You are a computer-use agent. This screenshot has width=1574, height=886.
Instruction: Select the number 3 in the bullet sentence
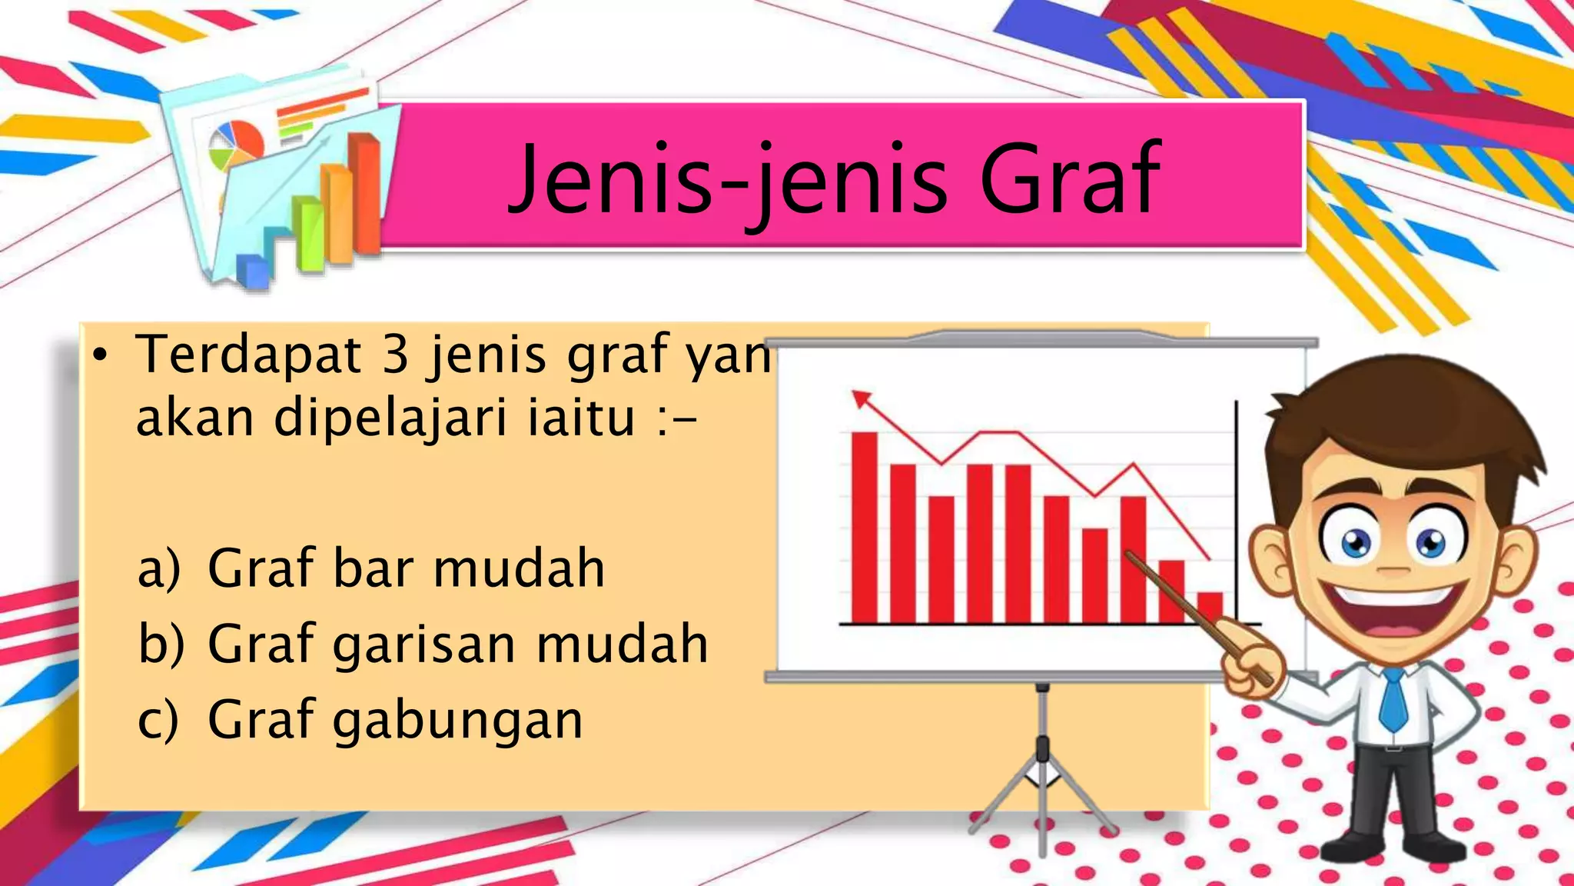click(395, 355)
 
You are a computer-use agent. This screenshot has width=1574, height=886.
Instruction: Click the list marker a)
click(158, 569)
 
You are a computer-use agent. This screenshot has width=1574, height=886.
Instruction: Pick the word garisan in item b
click(423, 645)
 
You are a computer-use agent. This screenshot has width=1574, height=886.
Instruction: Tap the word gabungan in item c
click(457, 721)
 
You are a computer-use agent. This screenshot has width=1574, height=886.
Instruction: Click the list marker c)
click(158, 720)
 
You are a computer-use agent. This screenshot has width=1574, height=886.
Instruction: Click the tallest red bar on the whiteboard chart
click(865, 527)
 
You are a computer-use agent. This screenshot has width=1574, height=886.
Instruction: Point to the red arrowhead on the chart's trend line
click(862, 399)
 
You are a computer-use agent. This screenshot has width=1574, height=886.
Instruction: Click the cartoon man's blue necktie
click(1392, 700)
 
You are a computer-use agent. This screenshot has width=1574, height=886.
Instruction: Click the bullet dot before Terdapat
click(99, 355)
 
